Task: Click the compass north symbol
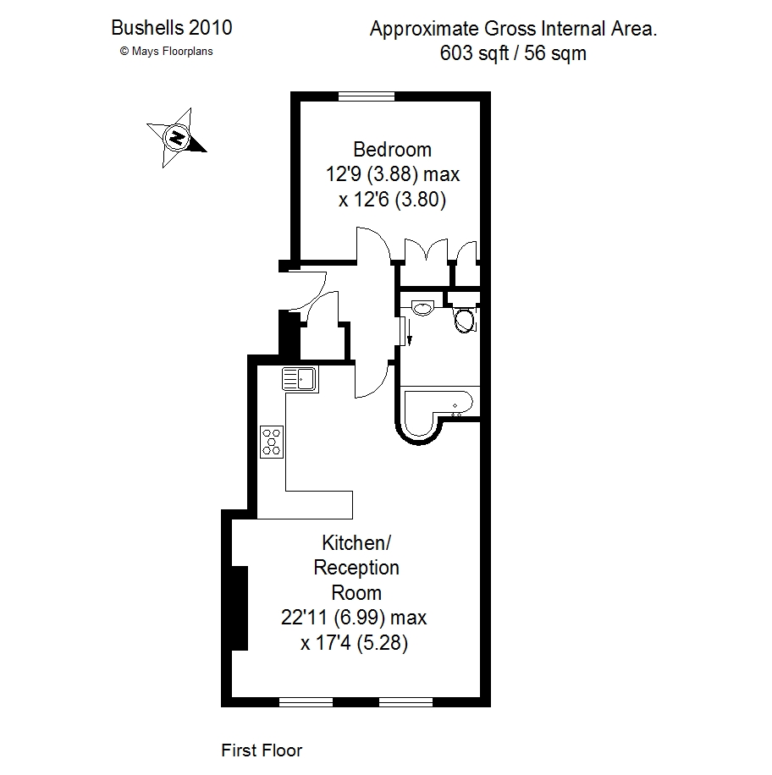coord(177,137)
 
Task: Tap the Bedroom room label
coord(392,149)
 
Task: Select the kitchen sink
coord(301,380)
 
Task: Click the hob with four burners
coord(272,442)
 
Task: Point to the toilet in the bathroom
coord(465,319)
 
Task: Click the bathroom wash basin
coord(422,308)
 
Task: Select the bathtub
coord(437,412)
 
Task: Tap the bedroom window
coord(367,96)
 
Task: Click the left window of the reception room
coord(306,702)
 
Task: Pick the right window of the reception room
coord(406,702)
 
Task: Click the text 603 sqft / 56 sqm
coord(513,53)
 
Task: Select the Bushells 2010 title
coord(172,28)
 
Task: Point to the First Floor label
coord(262,750)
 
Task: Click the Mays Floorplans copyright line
coord(166,52)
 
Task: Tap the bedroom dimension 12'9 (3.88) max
coord(393,174)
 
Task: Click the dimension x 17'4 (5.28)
coord(354,642)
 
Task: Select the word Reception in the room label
coord(356,569)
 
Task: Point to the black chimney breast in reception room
coord(240,608)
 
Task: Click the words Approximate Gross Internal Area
coord(513,29)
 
